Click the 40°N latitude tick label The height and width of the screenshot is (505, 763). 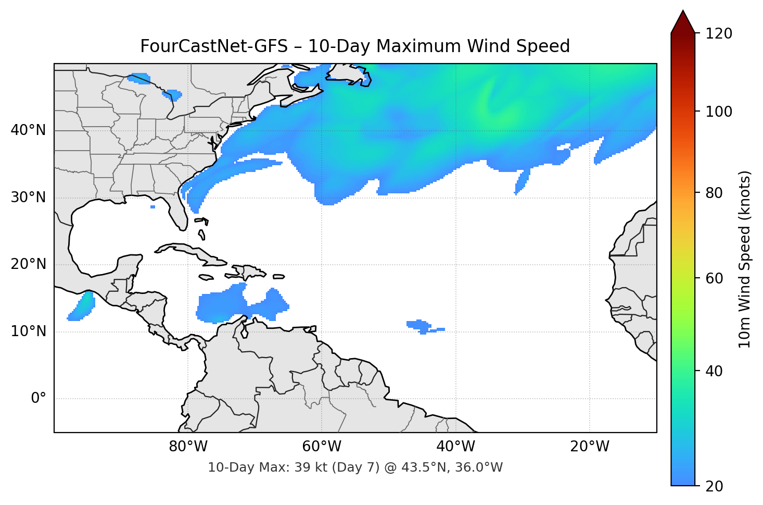pyautogui.click(x=29, y=130)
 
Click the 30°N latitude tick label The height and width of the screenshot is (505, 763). pyautogui.click(x=29, y=198)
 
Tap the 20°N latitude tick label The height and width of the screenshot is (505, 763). pyautogui.click(x=29, y=264)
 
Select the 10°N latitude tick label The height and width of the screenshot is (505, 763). pyautogui.click(x=29, y=331)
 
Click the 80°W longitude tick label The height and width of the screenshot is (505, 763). pyautogui.click(x=188, y=447)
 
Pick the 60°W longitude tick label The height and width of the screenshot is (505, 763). pyautogui.click(x=322, y=447)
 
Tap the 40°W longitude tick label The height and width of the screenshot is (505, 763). pyautogui.click(x=455, y=447)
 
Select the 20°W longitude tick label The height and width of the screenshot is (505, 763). pyautogui.click(x=589, y=447)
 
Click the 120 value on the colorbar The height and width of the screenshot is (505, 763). pyautogui.click(x=719, y=34)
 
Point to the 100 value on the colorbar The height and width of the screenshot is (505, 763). pyautogui.click(x=719, y=112)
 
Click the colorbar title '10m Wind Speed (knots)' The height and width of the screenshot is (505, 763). pyautogui.click(x=745, y=259)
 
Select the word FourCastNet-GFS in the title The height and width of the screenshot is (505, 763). pyautogui.click(x=214, y=46)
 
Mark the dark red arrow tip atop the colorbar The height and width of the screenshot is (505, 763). pyautogui.click(x=683, y=21)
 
